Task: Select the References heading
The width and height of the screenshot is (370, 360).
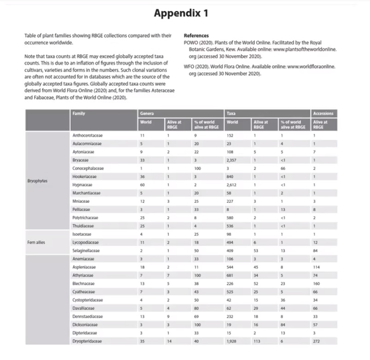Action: pyautogui.click(x=196, y=35)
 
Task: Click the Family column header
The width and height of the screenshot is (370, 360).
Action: pyautogui.click(x=79, y=113)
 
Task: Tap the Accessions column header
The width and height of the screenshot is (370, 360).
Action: pyautogui.click(x=323, y=113)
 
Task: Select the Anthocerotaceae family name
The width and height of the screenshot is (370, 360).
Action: pyautogui.click(x=88, y=135)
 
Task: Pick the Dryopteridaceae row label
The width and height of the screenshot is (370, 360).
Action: pyautogui.click(x=87, y=341)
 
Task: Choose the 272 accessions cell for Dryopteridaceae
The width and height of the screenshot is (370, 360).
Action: pyautogui.click(x=316, y=341)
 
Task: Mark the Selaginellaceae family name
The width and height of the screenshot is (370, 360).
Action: pyautogui.click(x=87, y=250)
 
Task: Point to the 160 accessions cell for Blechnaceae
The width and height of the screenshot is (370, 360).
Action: pyautogui.click(x=316, y=283)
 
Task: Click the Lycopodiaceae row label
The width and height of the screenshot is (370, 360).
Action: pyautogui.click(x=87, y=242)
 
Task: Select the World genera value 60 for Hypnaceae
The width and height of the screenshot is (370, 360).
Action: pyautogui.click(x=143, y=184)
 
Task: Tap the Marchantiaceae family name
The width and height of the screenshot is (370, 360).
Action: pyautogui.click(x=87, y=193)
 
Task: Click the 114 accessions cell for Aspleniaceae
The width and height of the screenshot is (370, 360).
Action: pyautogui.click(x=316, y=267)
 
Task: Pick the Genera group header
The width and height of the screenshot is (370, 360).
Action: pyautogui.click(x=147, y=113)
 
